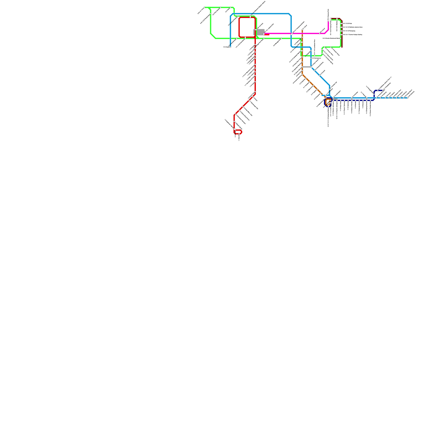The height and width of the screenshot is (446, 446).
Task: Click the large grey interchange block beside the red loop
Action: (x=259, y=32)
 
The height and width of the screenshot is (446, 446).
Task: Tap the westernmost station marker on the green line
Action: (x=204, y=8)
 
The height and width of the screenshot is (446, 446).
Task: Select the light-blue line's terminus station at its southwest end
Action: (x=230, y=47)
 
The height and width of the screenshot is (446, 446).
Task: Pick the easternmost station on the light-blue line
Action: (x=407, y=98)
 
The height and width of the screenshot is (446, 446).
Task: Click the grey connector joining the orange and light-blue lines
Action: (x=307, y=67)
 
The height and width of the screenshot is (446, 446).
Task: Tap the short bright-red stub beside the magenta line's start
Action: (x=267, y=35)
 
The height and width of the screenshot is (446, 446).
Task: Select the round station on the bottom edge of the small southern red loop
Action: (x=239, y=134)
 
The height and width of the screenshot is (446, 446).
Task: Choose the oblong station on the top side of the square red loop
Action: (x=250, y=17)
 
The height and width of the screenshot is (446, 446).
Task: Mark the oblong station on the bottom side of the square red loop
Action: (x=245, y=37)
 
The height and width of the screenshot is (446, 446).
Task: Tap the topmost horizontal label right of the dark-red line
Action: (x=347, y=23)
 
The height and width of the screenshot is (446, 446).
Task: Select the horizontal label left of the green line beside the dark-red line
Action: (x=331, y=38)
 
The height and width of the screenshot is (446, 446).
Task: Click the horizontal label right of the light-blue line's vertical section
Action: (x=316, y=58)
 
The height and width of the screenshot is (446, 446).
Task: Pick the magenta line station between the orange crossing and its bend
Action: (x=320, y=33)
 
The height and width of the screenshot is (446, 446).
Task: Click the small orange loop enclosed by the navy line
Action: (x=328, y=102)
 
